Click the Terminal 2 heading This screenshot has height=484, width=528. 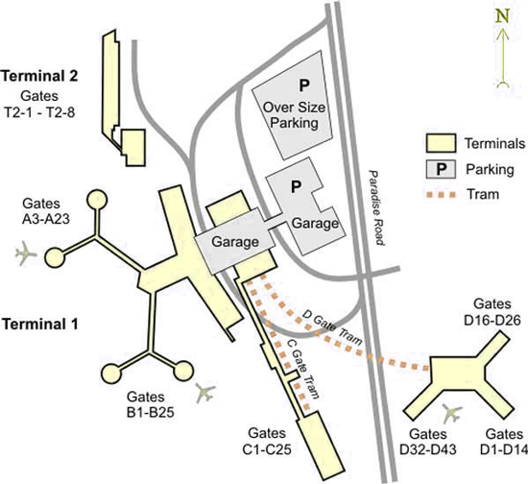pos(39,76)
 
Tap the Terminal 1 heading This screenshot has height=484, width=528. pos(40,324)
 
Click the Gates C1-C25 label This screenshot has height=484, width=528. pos(267,441)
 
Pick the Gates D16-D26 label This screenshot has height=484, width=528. pos(492,312)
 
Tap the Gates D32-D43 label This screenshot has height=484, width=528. pos(428,442)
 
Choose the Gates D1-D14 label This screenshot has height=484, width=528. pos(504,442)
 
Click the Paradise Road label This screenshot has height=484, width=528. pos(377,207)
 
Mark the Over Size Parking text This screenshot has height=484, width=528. pos(294,115)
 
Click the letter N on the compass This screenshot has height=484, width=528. pos(502,16)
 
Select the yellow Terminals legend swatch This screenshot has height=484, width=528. pos(441,143)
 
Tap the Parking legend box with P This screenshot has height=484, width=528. pos(441,169)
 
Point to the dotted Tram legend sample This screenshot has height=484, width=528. pos(441,194)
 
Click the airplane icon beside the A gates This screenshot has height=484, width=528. pos(25,253)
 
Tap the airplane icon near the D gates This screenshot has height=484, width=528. pos(452,413)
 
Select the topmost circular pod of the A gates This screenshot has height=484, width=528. pos(97,201)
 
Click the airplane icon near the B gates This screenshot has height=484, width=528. pos(205,393)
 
